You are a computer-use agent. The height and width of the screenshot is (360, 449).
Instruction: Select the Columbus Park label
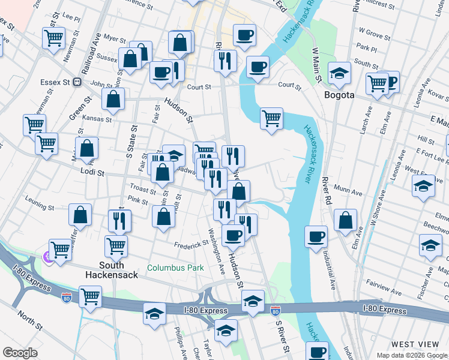click(x=176, y=268)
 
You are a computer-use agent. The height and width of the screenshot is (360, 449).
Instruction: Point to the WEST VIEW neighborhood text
click(x=415, y=344)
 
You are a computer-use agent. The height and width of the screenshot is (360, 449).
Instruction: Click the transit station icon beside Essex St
click(x=77, y=82)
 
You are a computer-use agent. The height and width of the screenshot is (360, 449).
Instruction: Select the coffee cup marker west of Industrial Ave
click(x=316, y=236)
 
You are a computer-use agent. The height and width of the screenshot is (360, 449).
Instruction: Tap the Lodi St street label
click(x=92, y=173)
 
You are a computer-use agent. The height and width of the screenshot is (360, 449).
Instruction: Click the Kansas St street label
click(x=97, y=119)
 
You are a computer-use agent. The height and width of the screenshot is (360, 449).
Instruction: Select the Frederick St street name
click(x=190, y=245)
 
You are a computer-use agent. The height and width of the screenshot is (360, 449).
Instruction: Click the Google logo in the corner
click(x=20, y=353)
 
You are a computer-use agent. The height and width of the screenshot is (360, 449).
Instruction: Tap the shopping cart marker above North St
click(x=90, y=295)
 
